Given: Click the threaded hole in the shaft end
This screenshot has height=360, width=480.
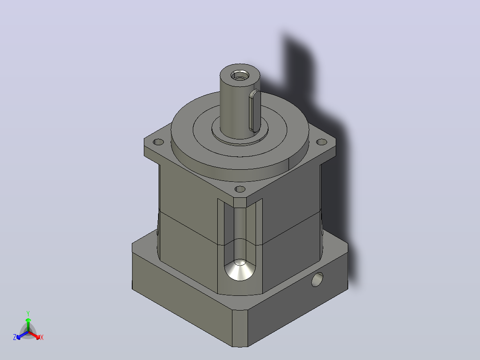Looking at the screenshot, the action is [240, 75].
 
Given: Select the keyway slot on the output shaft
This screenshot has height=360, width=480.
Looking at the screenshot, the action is [255, 111].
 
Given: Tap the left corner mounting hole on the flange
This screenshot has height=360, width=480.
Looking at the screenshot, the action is [158, 142].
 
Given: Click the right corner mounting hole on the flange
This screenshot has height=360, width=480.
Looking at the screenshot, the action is [321, 142].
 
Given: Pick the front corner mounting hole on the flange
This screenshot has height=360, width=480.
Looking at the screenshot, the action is [240, 189].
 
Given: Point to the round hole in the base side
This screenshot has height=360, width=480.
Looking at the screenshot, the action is [317, 279].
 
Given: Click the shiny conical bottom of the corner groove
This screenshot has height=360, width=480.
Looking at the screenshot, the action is [240, 270].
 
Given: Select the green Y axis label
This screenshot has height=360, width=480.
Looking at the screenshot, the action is [28, 314].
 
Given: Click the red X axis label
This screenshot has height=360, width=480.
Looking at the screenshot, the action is [42, 337].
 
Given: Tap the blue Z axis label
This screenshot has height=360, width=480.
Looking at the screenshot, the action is [15, 337].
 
